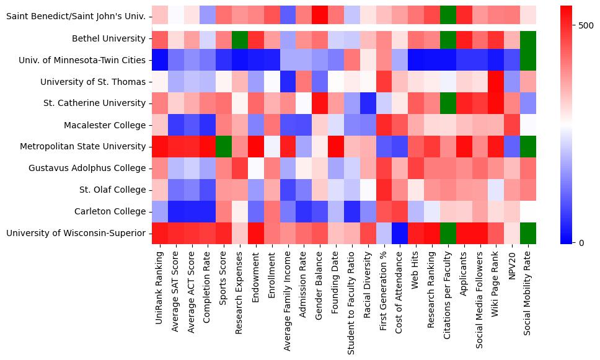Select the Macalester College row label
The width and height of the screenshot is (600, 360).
(105, 125)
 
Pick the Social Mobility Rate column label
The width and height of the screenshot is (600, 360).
(527, 295)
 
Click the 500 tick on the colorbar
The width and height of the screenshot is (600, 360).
(586, 26)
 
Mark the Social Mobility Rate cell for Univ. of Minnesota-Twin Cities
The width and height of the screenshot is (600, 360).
(528, 60)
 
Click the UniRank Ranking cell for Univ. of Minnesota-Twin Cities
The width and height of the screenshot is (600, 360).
(159, 60)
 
